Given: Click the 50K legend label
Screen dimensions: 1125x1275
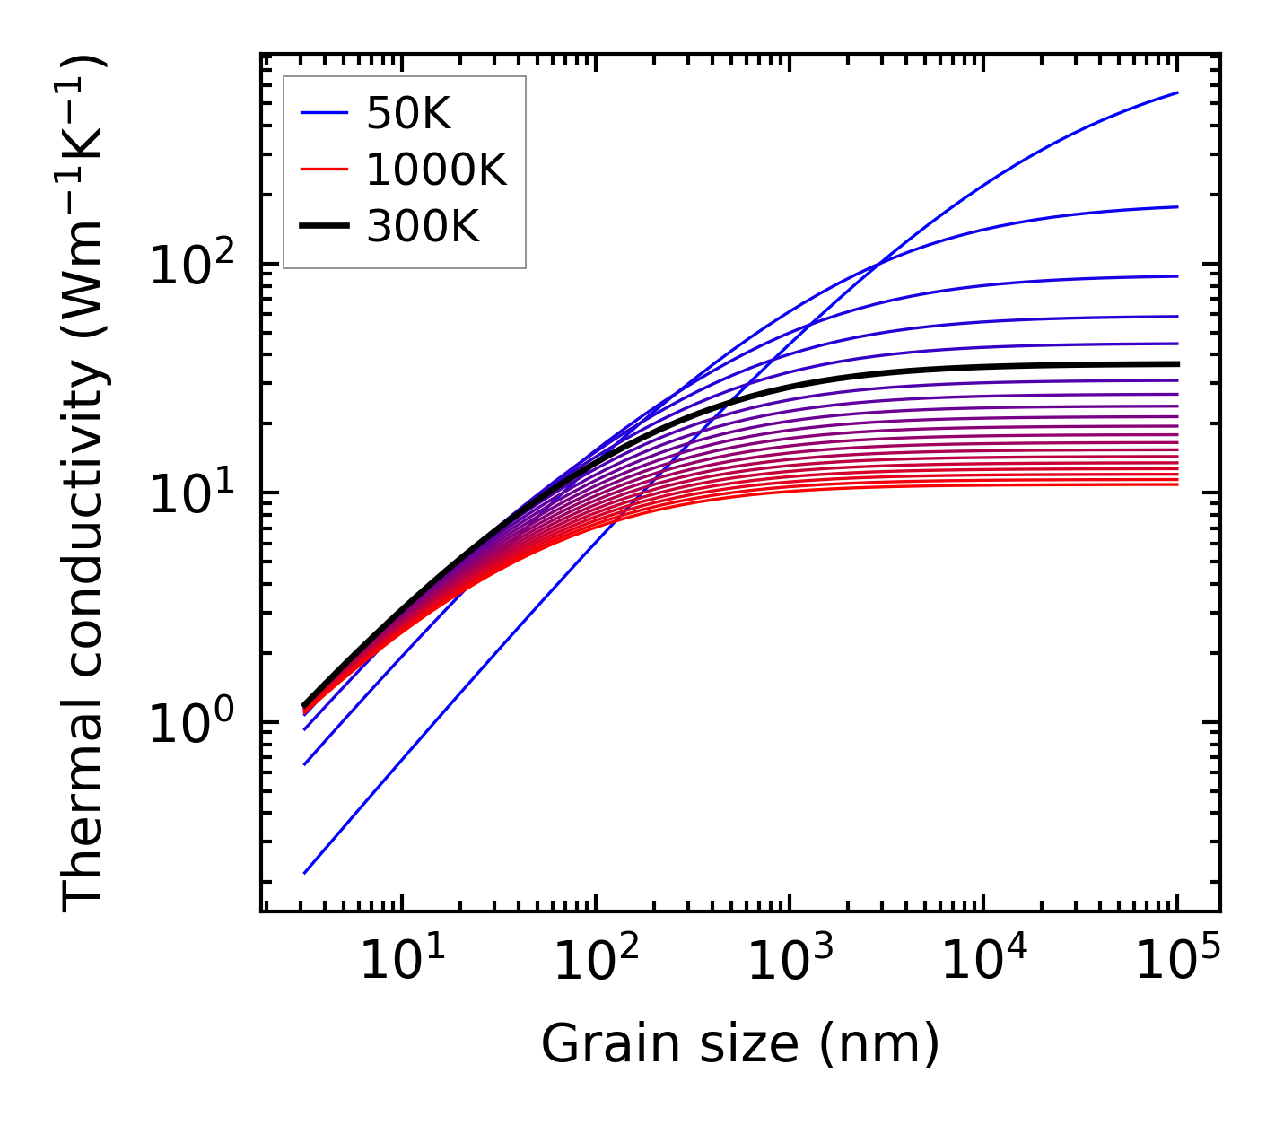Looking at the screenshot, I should click(x=408, y=114).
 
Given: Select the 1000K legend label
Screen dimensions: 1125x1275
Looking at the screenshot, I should click(x=436, y=170).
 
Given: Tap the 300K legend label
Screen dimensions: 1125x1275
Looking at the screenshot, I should click(x=423, y=227).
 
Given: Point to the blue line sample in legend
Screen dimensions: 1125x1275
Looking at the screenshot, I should click(x=323, y=113).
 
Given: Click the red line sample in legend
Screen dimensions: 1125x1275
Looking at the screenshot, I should click(x=323, y=170).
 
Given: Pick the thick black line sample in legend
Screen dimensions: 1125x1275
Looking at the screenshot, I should click(x=323, y=226).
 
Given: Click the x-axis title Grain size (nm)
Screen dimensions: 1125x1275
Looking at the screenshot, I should click(x=740, y=1043).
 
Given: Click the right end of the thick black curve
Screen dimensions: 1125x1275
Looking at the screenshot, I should click(x=1177, y=363).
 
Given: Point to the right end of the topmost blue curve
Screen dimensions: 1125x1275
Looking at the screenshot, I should click(x=1177, y=92).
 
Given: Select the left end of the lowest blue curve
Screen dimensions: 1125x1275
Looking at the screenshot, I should click(x=305, y=872).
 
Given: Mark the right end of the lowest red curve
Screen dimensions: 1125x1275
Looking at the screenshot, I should click(x=1177, y=484).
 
